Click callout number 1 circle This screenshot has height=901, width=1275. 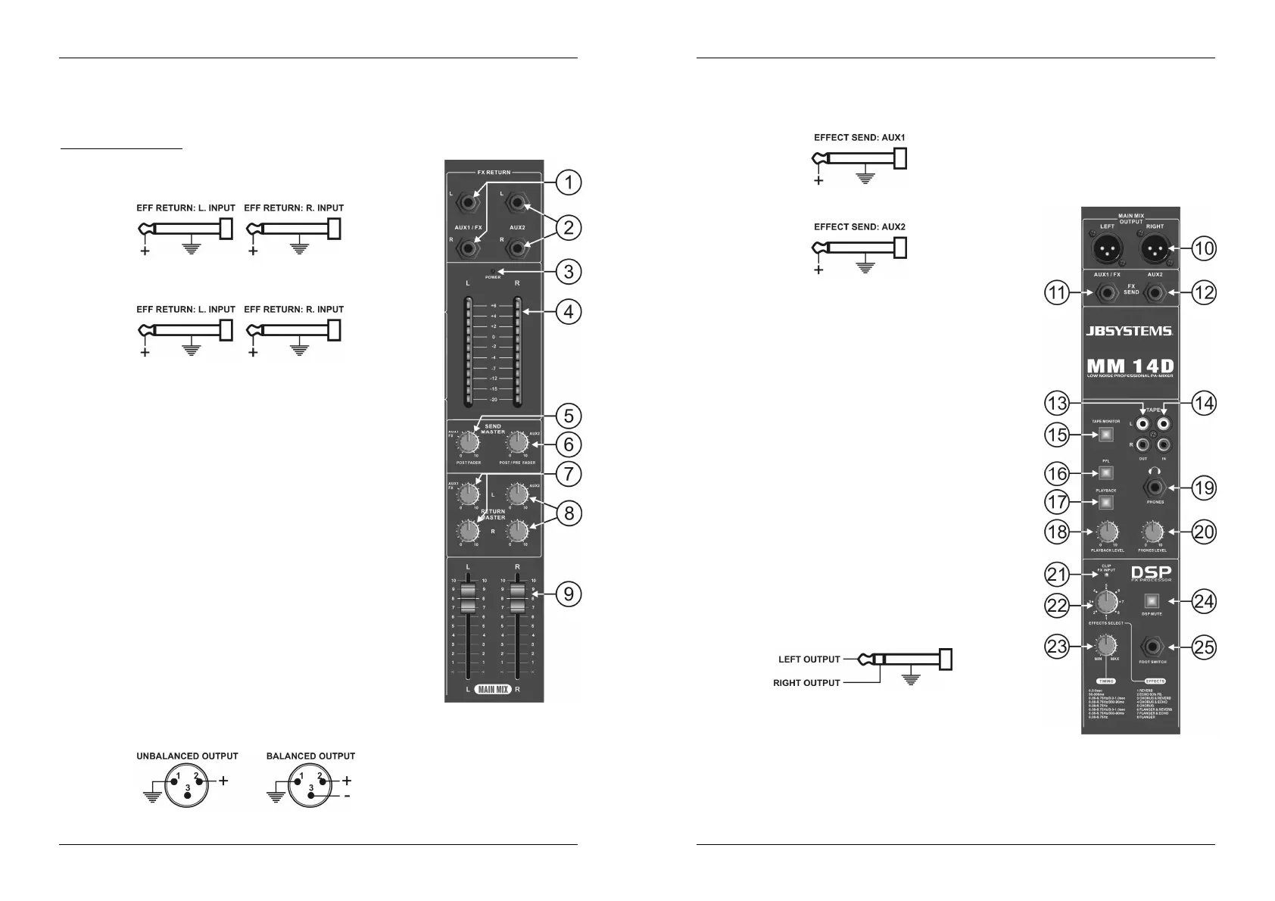pos(568,182)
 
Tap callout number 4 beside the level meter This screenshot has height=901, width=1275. pos(568,311)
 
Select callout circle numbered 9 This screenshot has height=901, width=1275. pos(568,594)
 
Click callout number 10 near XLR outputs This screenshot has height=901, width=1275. pos(1203,248)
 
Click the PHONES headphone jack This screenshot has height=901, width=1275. pos(1155,488)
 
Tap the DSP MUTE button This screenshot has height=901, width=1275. pos(1152,601)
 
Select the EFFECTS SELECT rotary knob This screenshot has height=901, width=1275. pos(1106,603)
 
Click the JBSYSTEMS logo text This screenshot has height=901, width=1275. pos(1129,331)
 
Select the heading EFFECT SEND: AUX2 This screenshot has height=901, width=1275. pos(859,226)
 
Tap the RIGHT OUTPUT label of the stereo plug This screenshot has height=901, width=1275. pos(806,683)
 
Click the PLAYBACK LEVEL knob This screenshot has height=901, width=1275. pos(1107,532)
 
